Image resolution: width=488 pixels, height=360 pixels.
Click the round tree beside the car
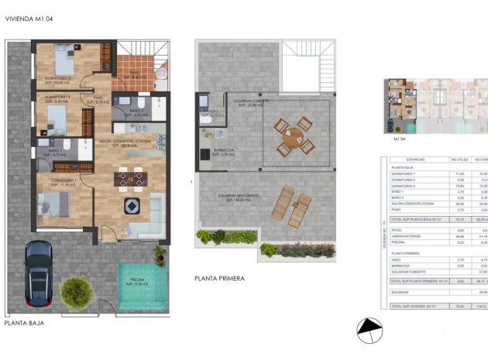(75, 292)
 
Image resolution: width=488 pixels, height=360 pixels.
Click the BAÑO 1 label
(53, 152)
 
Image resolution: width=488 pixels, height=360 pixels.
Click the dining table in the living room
(130, 179)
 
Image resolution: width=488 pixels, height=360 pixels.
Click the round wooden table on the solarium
(293, 137)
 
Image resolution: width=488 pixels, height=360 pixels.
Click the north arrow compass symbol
(369, 331)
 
